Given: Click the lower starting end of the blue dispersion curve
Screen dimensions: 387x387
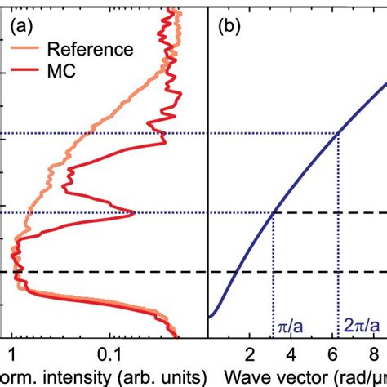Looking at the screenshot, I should pos(211,316).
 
